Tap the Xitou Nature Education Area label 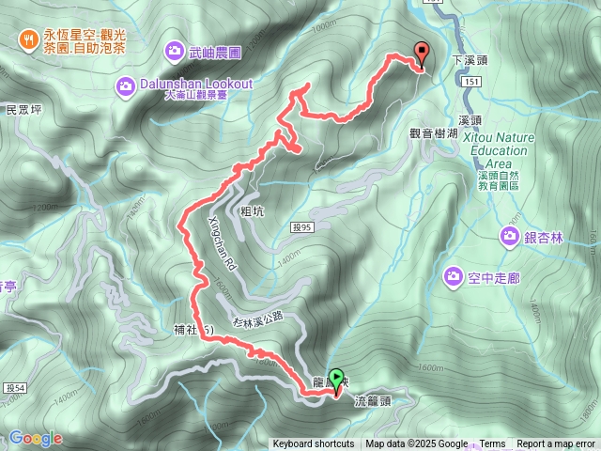pyautogui.click(x=501, y=150)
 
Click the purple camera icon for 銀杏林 pyautogui.click(x=510, y=236)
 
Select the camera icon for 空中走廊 pyautogui.click(x=453, y=276)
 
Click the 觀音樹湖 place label pyautogui.click(x=434, y=133)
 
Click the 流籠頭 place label pyautogui.click(x=372, y=400)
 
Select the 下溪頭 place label pyautogui.click(x=470, y=59)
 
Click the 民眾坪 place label pyautogui.click(x=24, y=110)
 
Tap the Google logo pyautogui.click(x=36, y=438)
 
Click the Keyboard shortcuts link pyautogui.click(x=314, y=444)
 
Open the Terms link pyautogui.click(x=492, y=444)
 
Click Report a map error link pyautogui.click(x=556, y=444)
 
